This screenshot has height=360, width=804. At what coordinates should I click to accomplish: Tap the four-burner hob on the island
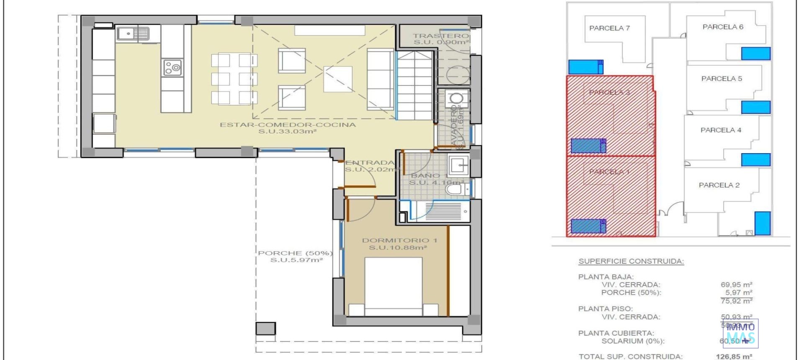click(x=172, y=68)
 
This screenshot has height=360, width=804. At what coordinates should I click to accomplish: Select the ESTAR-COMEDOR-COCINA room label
click(x=288, y=125)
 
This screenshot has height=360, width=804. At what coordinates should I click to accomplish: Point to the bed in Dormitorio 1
click(x=393, y=286)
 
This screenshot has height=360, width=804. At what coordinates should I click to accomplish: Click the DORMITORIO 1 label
click(x=399, y=240)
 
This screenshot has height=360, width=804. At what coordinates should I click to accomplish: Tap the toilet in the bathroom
click(x=455, y=190)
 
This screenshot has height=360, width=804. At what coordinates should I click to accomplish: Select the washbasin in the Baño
click(x=459, y=165)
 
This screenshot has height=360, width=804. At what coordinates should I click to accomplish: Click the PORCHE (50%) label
click(x=295, y=253)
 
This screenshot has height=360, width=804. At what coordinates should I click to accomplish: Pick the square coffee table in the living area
click(x=338, y=79)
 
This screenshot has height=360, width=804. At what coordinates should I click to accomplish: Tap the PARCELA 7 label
click(x=609, y=28)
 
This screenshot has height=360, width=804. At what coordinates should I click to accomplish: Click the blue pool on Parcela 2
click(x=762, y=223)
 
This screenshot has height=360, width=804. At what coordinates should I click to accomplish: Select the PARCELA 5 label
click(x=721, y=78)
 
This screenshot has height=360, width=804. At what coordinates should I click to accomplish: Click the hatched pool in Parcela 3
click(x=588, y=146)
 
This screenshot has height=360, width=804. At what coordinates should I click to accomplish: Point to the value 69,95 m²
click(x=736, y=285)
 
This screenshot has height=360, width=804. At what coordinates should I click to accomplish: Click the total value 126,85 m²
click(x=734, y=357)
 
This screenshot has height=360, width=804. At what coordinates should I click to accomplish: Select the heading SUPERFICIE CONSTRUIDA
click(x=631, y=261)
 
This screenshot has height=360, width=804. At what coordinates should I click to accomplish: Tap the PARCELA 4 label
click(x=720, y=130)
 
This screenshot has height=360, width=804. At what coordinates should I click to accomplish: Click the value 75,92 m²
click(x=736, y=301)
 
